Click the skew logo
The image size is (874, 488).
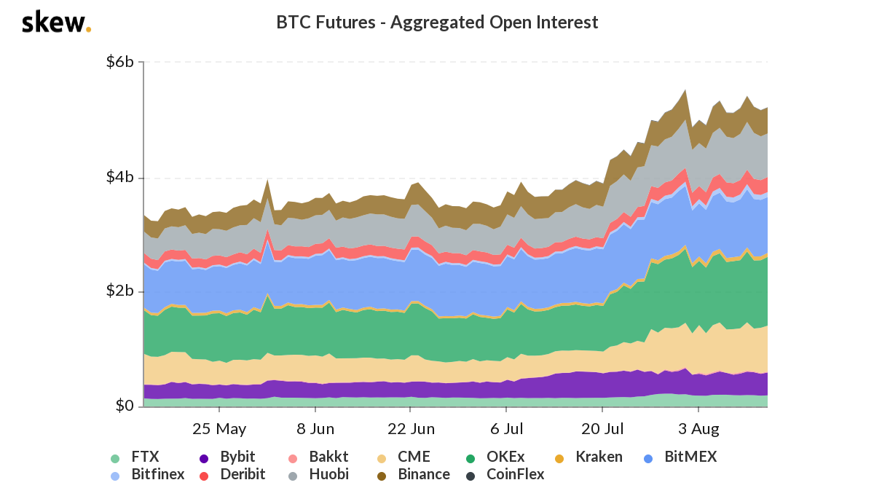(56, 23)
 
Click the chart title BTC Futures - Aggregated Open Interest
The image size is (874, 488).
(437, 23)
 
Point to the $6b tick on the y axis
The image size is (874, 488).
(119, 62)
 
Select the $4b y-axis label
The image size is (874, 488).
(119, 178)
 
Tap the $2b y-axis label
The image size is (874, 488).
(119, 291)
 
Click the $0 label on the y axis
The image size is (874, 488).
(125, 406)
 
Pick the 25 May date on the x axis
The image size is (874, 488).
(219, 428)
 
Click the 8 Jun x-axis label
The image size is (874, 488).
(316, 428)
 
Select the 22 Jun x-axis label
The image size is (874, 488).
(412, 428)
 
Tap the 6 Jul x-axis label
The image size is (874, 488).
(508, 428)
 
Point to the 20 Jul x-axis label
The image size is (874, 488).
(604, 428)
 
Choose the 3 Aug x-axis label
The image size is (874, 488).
(699, 428)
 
